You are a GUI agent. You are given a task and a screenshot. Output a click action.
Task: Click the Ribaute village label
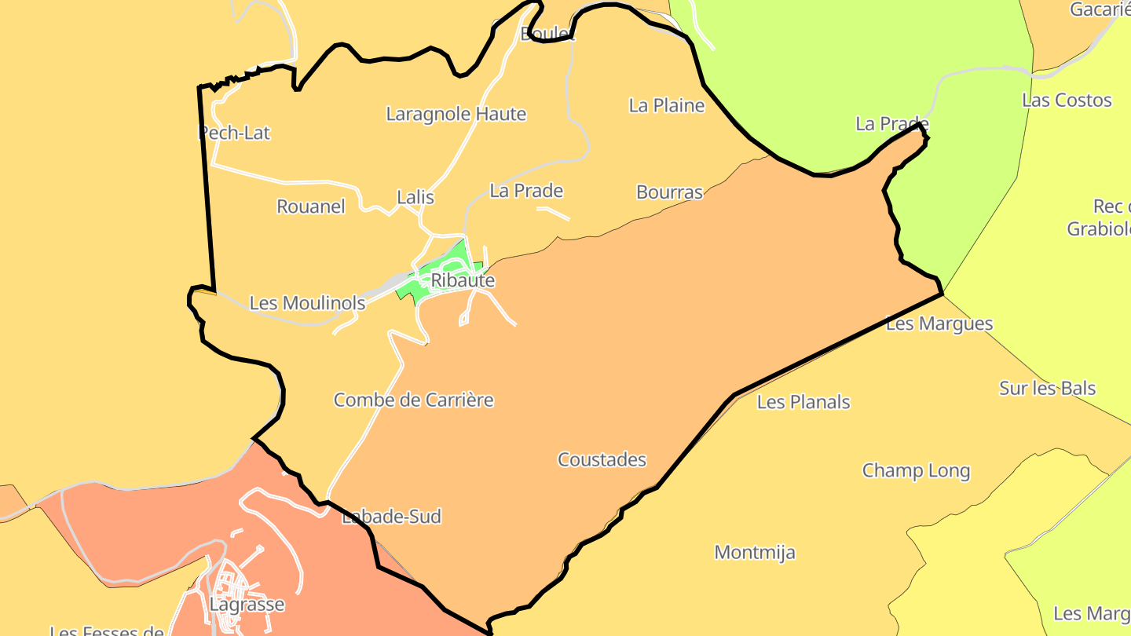point(463,280)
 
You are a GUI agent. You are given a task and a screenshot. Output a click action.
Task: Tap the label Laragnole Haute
point(456,114)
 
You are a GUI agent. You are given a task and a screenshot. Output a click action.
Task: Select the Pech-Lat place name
point(234,133)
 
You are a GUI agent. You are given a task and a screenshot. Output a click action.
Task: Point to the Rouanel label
point(311,207)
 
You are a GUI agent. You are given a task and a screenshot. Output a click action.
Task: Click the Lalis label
point(415,197)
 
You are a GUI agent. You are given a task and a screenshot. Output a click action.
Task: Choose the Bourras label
point(669,192)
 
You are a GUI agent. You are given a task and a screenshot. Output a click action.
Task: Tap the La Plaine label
point(667,105)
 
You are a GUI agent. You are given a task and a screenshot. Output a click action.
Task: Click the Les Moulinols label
point(307,302)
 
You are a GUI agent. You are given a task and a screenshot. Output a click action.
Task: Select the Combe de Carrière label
point(413,400)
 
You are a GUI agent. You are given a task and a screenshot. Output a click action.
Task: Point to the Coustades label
point(602,459)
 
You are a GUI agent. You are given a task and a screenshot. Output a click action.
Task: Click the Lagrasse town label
point(247,605)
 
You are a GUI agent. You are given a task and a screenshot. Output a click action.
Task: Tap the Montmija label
point(754,552)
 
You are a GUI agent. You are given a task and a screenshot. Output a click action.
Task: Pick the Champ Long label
point(916,470)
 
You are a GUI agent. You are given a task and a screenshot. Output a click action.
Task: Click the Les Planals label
point(803,402)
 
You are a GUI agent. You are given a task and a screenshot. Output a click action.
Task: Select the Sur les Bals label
point(1047,388)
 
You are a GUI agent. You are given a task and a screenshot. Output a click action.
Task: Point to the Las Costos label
point(1067,100)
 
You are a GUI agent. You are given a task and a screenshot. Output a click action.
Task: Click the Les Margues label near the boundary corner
point(939,323)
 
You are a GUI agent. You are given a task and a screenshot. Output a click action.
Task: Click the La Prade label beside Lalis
point(526,190)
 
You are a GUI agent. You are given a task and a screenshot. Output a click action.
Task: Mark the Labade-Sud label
point(392,516)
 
